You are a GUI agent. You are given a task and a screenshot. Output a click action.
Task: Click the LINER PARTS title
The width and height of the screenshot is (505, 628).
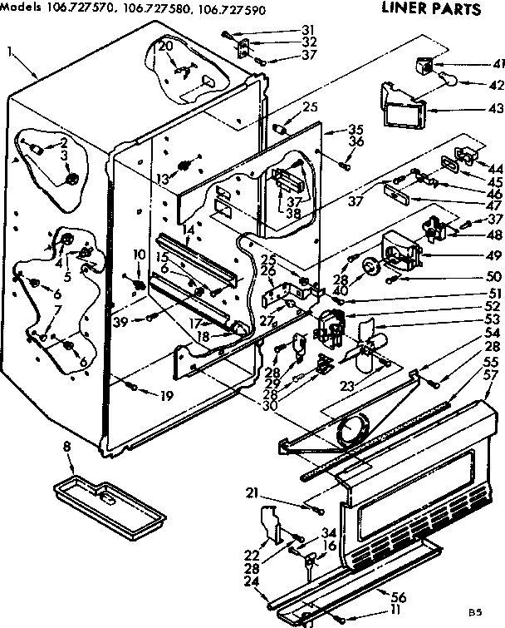(x=430, y=11)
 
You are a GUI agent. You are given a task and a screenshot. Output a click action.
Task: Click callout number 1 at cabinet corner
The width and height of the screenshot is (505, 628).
(x=9, y=52)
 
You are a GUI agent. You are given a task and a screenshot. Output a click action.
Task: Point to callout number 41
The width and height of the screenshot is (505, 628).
(x=476, y=63)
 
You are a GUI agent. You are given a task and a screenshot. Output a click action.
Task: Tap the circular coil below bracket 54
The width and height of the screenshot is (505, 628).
(x=352, y=430)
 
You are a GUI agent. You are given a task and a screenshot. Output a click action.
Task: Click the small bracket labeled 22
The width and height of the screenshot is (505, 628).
(x=272, y=525)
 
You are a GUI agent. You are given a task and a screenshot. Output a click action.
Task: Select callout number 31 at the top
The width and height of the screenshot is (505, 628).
(x=286, y=31)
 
